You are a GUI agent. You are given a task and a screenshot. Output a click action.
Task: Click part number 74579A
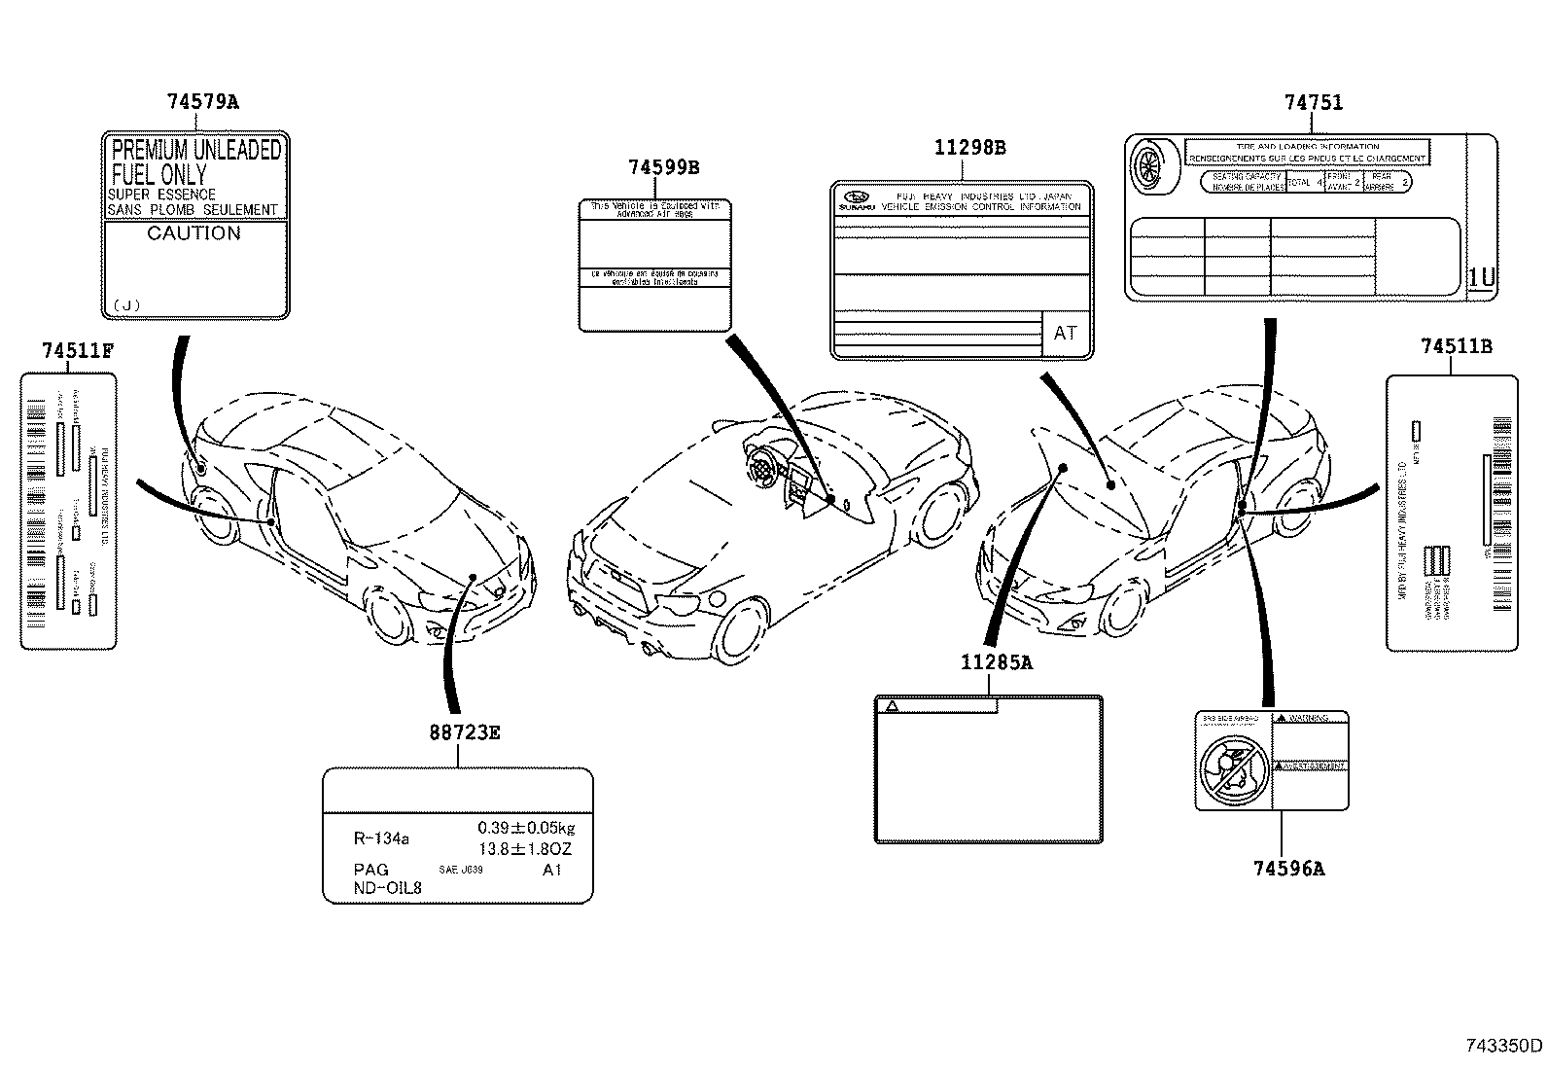(x=202, y=101)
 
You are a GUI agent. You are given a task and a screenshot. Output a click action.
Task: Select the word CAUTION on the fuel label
(x=193, y=233)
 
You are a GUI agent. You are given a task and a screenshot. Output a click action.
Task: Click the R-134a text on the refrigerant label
(x=381, y=837)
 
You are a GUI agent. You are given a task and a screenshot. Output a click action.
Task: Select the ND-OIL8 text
(x=388, y=887)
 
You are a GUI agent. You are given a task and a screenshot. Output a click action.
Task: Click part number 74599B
(x=663, y=167)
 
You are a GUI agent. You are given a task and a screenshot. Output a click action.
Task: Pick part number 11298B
(x=969, y=148)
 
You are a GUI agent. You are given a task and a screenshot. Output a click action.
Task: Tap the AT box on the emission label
(x=1066, y=333)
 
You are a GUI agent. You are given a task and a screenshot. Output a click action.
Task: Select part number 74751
(x=1313, y=102)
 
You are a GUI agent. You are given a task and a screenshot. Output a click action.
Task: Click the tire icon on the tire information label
(x=1152, y=165)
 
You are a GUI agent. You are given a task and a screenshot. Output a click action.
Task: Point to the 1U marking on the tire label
(x=1480, y=278)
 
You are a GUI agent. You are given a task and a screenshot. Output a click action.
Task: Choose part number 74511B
(x=1456, y=346)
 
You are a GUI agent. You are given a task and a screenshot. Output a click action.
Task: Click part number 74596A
(x=1288, y=868)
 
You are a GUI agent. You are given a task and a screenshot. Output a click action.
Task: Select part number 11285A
(x=996, y=663)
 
